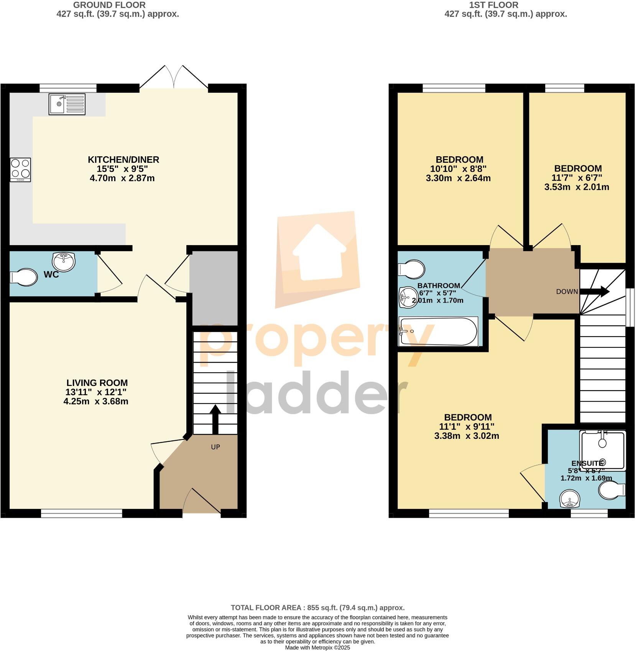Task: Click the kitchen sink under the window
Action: (x=67, y=104)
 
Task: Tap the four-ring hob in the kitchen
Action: (x=20, y=170)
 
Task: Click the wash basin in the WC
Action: (x=64, y=262)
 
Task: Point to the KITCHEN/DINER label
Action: (x=123, y=160)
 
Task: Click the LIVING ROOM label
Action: (x=97, y=383)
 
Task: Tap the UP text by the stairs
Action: (x=215, y=447)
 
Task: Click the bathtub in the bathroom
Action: (x=438, y=331)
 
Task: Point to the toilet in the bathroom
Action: (x=411, y=268)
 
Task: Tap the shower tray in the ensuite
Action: (x=603, y=450)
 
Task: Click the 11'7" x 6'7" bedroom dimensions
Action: (x=578, y=178)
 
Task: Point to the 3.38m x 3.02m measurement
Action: (x=467, y=436)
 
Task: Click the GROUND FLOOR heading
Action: (x=109, y=5)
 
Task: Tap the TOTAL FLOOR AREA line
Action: (x=317, y=608)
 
